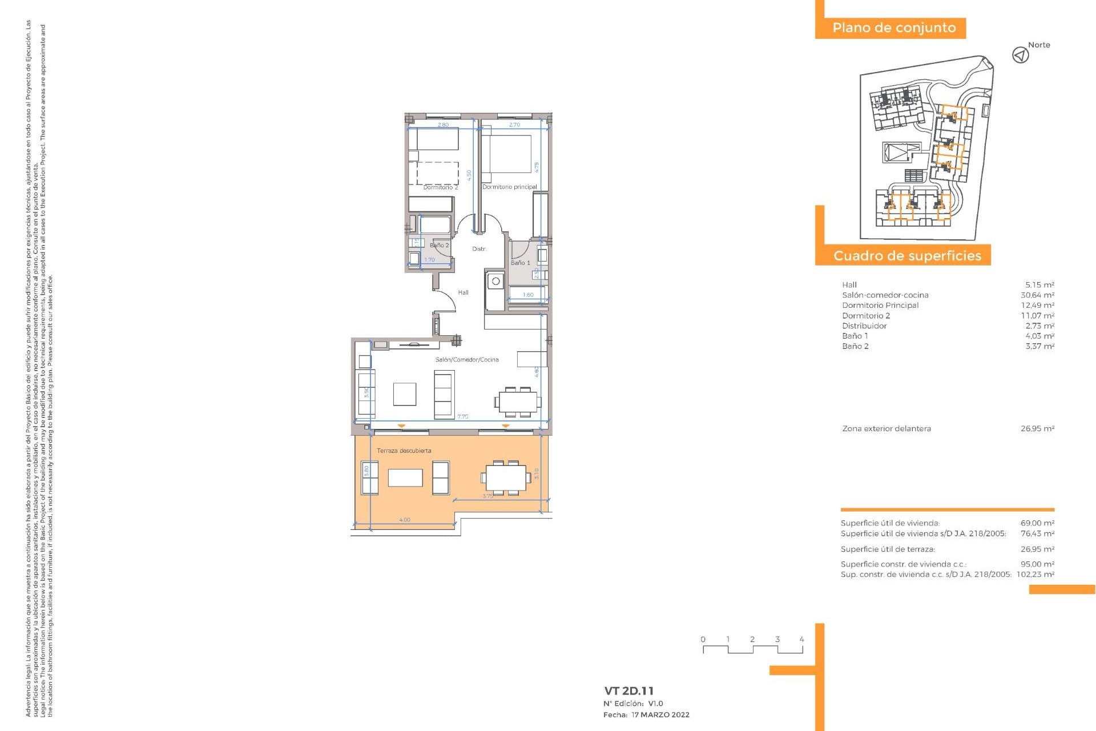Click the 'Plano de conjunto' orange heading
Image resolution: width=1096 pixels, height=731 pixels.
click(x=893, y=28)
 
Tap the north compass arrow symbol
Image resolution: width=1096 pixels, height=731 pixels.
click(x=1020, y=55)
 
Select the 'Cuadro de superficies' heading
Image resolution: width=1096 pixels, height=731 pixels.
click(x=907, y=256)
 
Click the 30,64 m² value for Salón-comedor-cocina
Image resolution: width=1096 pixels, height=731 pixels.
click(x=1037, y=295)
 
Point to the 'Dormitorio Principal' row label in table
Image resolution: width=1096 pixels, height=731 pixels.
click(x=880, y=306)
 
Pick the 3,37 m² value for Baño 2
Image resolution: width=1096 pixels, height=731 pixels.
click(x=1039, y=347)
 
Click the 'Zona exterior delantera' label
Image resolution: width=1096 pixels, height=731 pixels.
click(x=887, y=429)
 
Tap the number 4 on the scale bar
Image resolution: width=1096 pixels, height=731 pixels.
click(x=801, y=640)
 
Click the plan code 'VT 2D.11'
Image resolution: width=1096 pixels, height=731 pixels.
click(x=628, y=691)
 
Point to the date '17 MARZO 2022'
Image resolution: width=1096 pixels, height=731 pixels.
click(x=660, y=715)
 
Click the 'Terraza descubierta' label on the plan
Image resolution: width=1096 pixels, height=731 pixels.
click(x=404, y=451)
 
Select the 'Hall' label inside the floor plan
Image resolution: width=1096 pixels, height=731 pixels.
click(x=463, y=292)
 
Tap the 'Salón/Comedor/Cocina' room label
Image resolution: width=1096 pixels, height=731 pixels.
click(x=466, y=360)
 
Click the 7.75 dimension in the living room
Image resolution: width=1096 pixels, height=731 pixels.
click(x=462, y=417)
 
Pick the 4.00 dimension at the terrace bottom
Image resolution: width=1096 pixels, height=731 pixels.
click(x=404, y=520)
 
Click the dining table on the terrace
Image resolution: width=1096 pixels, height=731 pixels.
click(x=506, y=477)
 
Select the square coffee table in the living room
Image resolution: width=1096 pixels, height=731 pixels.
click(x=404, y=394)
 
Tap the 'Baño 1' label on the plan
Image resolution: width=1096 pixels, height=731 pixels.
click(x=520, y=263)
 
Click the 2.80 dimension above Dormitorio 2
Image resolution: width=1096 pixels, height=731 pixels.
click(x=443, y=124)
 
